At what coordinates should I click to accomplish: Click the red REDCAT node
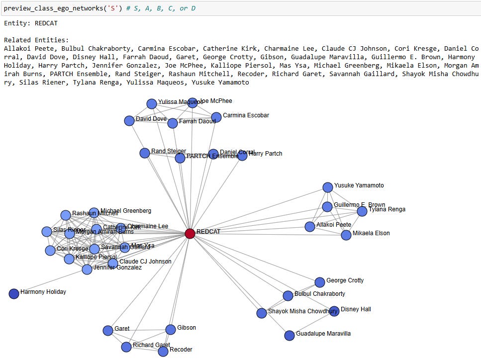(190, 233)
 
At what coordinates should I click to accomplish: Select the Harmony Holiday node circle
(14, 294)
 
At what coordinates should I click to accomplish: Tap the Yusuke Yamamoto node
(327, 187)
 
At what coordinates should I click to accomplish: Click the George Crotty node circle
(320, 282)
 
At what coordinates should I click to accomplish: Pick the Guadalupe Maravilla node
(289, 336)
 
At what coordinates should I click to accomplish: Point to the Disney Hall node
(334, 311)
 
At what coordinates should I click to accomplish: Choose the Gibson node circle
(171, 329)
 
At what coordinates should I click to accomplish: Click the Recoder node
(163, 352)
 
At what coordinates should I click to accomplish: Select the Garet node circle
(108, 331)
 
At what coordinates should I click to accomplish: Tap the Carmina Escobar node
(216, 117)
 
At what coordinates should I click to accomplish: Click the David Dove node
(129, 121)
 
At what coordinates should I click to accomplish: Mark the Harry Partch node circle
(242, 156)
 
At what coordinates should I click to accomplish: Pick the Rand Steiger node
(145, 153)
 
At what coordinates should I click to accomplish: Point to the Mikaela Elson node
(346, 235)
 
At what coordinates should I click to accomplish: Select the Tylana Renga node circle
(362, 211)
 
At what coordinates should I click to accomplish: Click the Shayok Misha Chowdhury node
(262, 313)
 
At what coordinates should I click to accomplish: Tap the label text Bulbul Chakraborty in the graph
(319, 294)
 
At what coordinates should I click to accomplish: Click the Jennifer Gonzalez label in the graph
(118, 268)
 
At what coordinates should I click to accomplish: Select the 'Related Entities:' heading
(36, 40)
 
